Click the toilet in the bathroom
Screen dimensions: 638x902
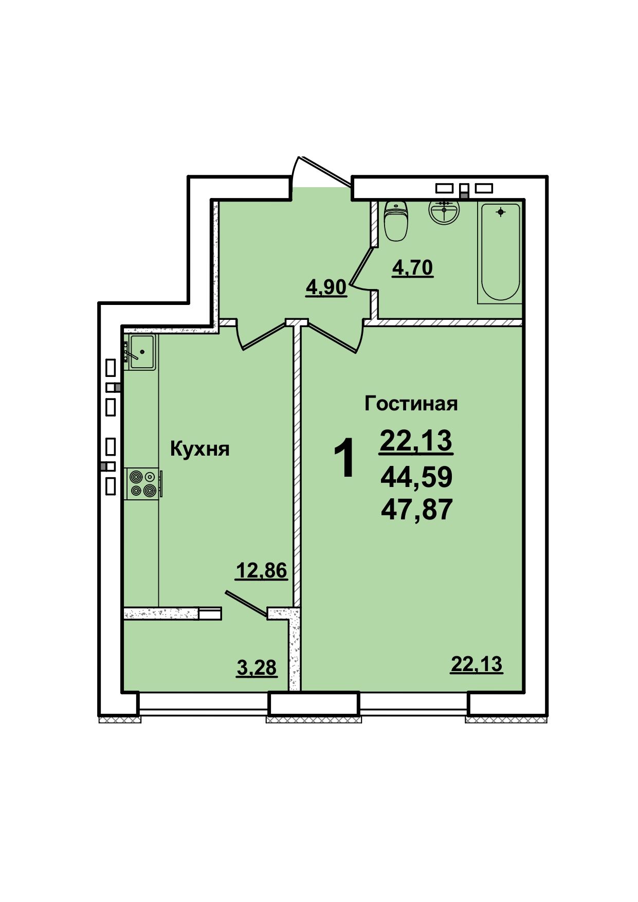click(396, 221)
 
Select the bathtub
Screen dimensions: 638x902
click(500, 252)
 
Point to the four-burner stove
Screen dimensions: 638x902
click(142, 483)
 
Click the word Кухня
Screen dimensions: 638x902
click(199, 449)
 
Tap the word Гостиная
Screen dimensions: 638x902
click(411, 404)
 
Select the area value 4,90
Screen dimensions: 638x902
click(326, 287)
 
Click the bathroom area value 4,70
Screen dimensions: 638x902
click(413, 267)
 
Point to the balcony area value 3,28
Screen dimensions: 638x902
click(257, 668)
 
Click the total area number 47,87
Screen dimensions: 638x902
click(416, 510)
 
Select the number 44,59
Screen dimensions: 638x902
click(416, 477)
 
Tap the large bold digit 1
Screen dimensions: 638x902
click(344, 458)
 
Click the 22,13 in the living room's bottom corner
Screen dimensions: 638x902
click(477, 664)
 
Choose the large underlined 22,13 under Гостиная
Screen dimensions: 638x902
click(416, 441)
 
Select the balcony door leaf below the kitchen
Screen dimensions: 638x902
click(246, 603)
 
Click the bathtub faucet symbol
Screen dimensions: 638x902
click(500, 211)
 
